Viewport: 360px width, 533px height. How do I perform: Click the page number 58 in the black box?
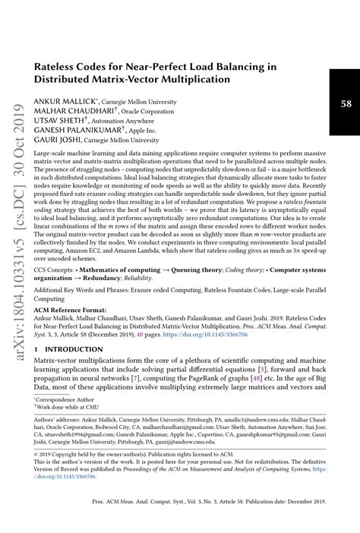(346, 103)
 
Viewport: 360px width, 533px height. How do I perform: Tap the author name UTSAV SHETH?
(58, 120)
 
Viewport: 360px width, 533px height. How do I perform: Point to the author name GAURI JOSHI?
(55, 140)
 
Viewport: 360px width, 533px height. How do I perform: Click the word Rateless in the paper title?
(58, 66)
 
